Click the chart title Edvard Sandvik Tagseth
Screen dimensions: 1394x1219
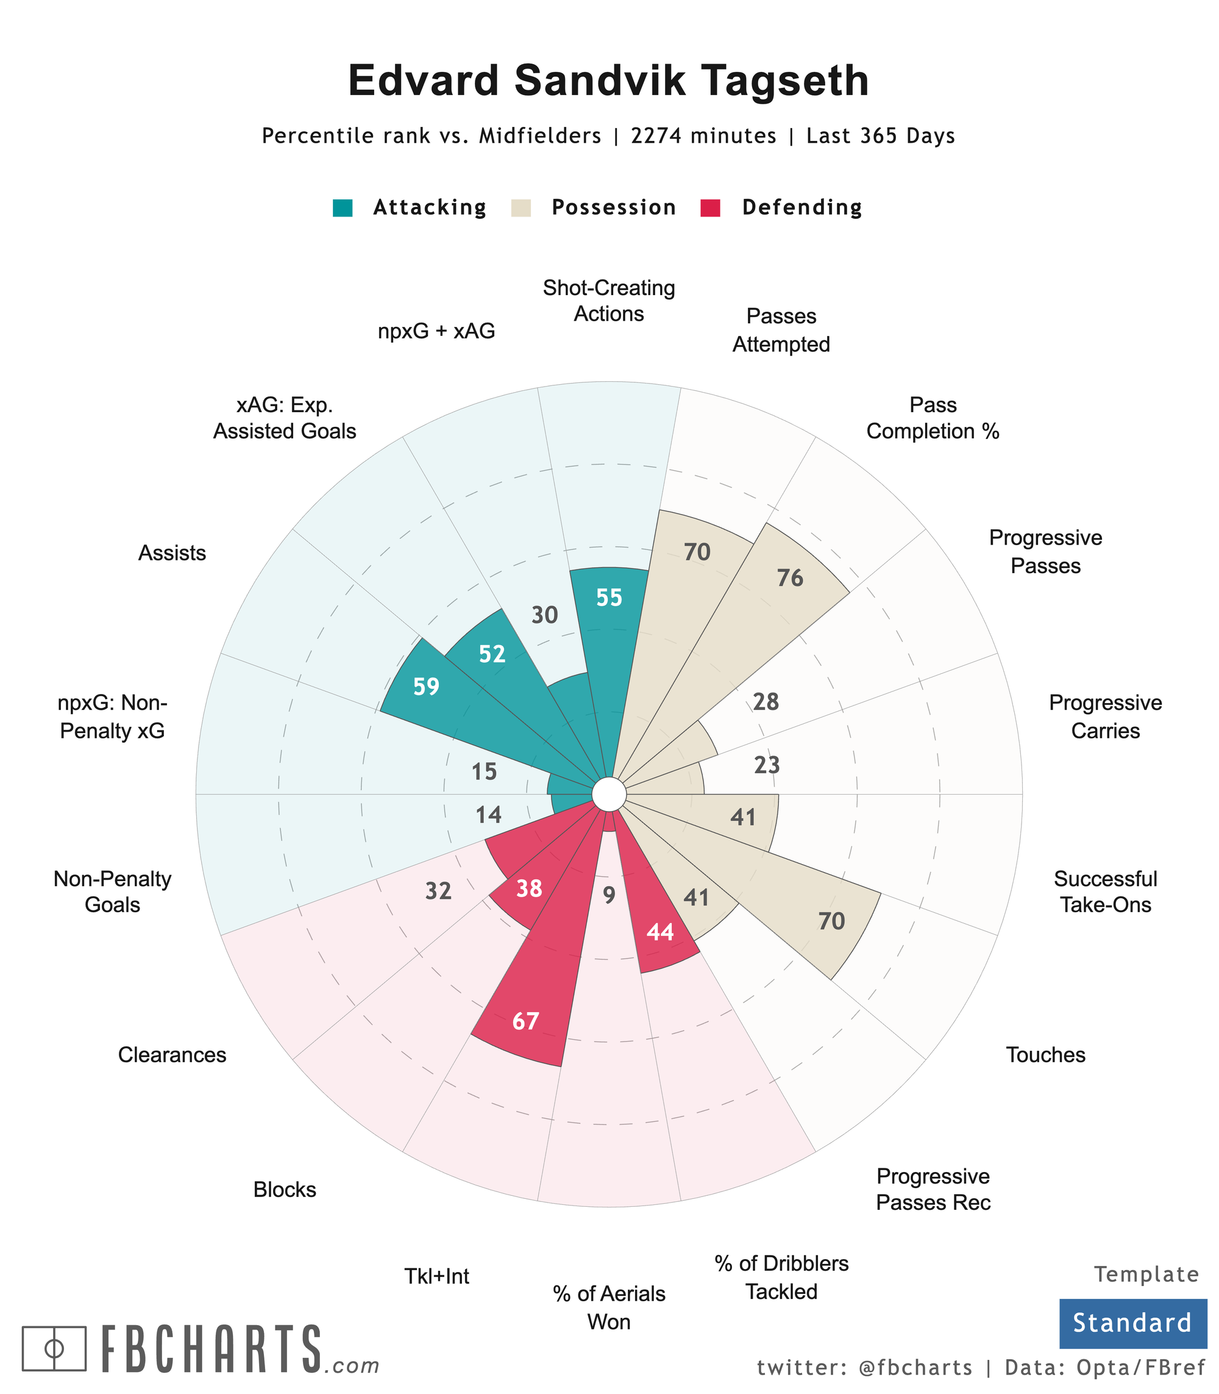pos(608,81)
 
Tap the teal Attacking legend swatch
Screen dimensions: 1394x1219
pos(343,207)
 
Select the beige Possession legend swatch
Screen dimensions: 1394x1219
pos(521,207)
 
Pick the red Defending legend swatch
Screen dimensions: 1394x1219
pos(710,207)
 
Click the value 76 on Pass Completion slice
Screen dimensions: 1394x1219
pos(791,579)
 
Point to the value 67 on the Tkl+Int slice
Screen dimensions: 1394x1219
pos(526,1021)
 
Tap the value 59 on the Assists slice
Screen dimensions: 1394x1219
pos(427,687)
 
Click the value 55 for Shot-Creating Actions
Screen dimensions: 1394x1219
pos(609,598)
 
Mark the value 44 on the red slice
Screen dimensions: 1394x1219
pos(661,932)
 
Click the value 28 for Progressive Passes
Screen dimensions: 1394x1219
pos(766,702)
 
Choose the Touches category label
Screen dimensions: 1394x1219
pos(1045,1055)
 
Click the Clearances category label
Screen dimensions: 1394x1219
pos(172,1055)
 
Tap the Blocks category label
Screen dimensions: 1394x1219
pos(285,1190)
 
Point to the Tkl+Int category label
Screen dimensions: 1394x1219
pos(437,1276)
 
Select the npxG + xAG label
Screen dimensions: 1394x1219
pos(437,332)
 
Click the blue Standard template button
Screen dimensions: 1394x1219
pos(1132,1323)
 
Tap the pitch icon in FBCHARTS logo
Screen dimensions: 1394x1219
pos(54,1348)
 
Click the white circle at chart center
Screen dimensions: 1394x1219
pos(609,794)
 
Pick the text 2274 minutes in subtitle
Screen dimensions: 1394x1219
pos(703,136)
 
